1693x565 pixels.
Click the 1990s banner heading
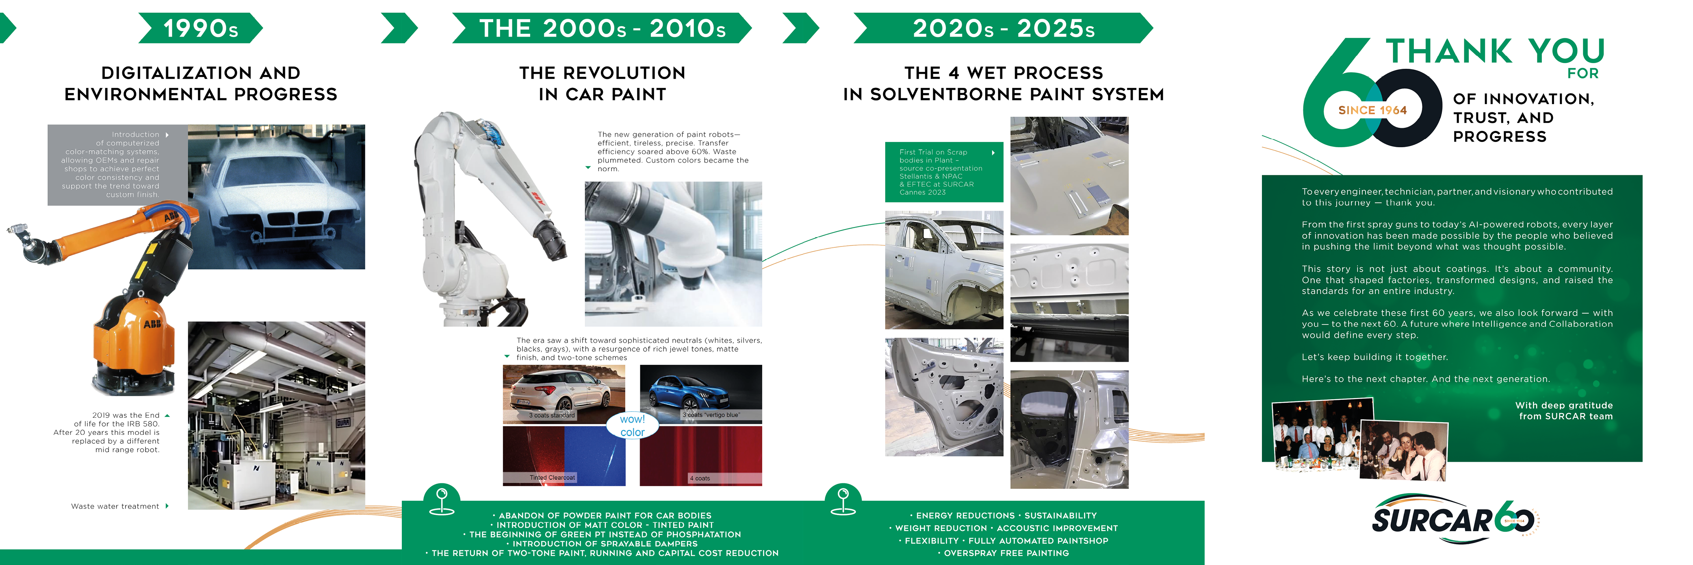pos(200,28)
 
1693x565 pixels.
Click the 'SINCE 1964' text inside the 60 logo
pos(1372,110)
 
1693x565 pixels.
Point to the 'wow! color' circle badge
pos(632,425)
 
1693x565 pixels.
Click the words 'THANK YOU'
pos(1495,51)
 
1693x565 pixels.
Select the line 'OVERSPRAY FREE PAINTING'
pos(1006,553)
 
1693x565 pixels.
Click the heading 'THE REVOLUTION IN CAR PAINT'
pos(602,83)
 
